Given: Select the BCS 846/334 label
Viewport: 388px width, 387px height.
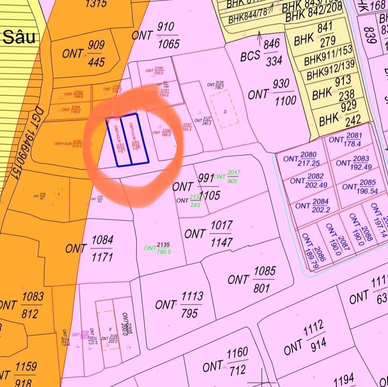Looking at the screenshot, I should (x=261, y=52).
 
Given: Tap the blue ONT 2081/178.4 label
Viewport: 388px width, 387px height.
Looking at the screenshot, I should (x=345, y=140).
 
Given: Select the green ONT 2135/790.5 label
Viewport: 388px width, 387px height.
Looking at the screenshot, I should (x=158, y=248).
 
